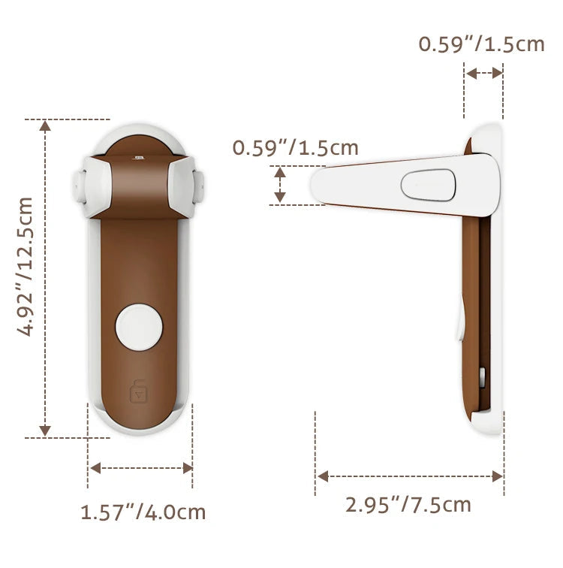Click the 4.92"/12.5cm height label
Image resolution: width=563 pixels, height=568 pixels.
25,267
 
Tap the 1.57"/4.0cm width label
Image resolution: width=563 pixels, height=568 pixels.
143,512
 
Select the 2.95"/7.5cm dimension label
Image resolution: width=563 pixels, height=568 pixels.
408,505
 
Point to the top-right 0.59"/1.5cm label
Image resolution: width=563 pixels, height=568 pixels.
482,44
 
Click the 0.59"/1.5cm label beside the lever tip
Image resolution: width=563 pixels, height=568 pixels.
295,148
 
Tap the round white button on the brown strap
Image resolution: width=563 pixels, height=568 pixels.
140,327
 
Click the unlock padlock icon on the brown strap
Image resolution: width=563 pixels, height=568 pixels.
139,391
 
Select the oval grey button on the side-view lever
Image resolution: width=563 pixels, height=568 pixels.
429,185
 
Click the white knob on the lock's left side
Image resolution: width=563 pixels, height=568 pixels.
79,186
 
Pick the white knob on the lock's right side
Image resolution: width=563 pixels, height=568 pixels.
198,186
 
